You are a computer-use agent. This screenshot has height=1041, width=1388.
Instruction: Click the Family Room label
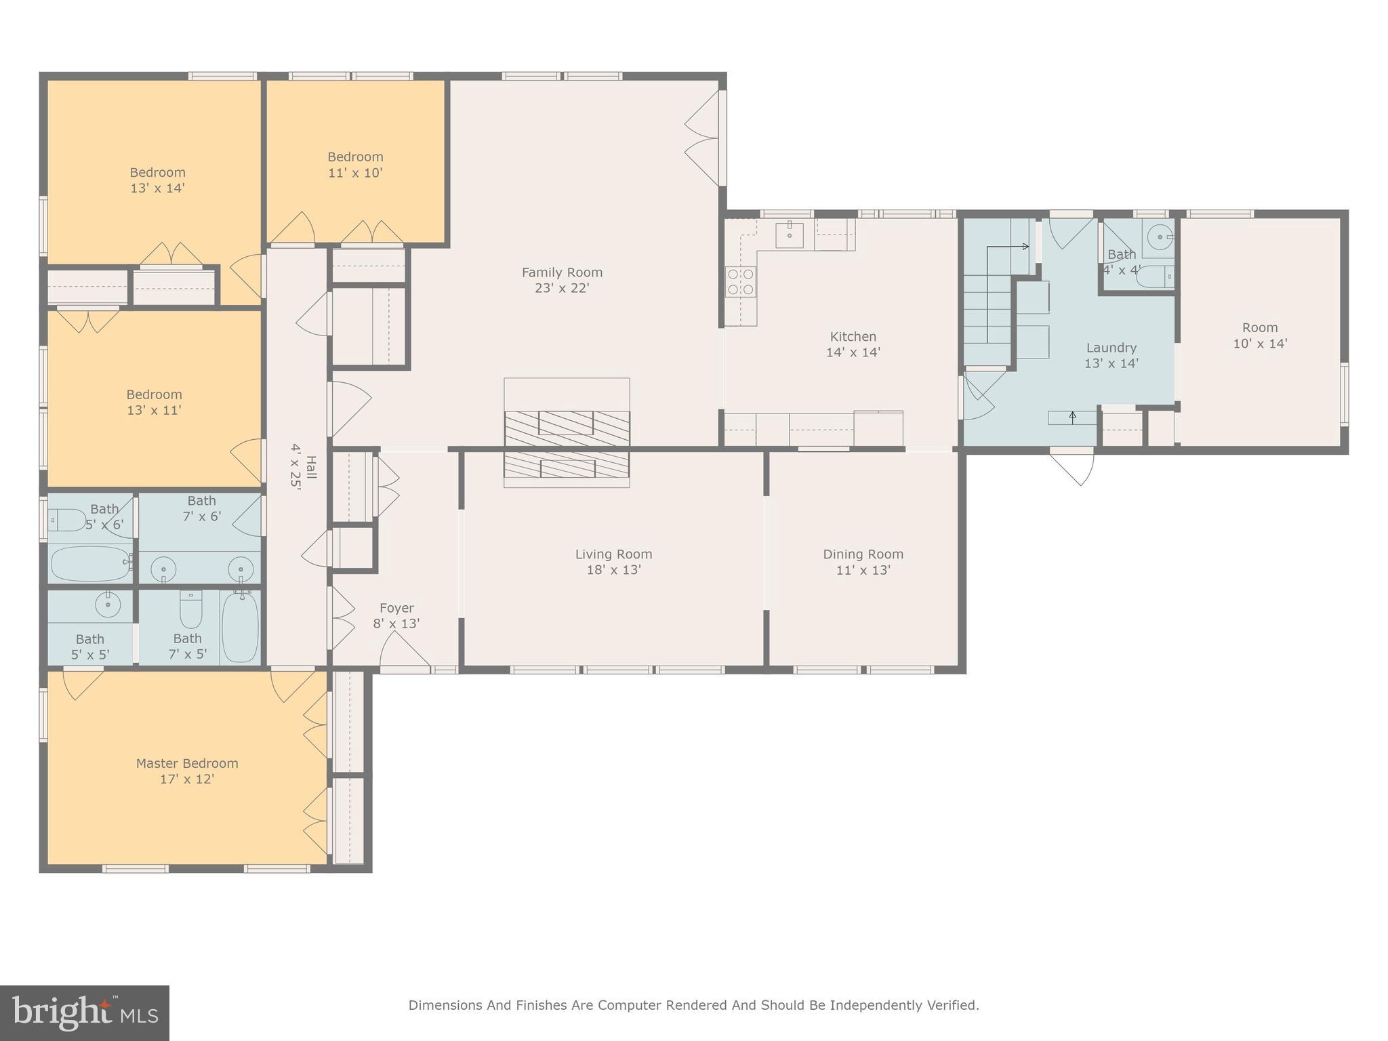562,272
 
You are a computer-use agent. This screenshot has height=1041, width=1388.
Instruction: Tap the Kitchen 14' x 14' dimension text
853,352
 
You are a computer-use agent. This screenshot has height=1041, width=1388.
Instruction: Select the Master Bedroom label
187,763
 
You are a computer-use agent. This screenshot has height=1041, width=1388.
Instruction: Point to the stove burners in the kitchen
740,282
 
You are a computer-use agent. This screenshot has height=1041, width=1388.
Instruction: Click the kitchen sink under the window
790,234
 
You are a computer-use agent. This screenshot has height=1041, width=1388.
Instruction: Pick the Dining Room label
863,554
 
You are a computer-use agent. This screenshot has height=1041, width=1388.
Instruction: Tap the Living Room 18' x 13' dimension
613,570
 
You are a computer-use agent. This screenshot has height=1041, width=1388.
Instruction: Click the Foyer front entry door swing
403,651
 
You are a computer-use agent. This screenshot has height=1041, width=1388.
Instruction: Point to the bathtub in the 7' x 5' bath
240,627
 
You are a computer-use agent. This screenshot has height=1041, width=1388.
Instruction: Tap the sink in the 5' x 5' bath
108,604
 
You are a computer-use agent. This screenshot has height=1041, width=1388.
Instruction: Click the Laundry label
1111,348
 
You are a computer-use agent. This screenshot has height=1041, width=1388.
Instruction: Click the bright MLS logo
84,1013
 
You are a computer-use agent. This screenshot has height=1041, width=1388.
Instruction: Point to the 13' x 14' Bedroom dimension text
157,188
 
